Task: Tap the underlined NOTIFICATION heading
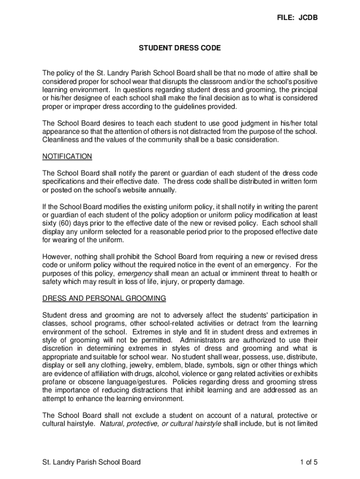tap(67, 156)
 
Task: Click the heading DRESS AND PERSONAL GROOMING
tap(104, 298)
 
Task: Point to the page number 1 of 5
tap(309, 463)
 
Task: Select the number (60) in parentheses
tap(66, 224)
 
